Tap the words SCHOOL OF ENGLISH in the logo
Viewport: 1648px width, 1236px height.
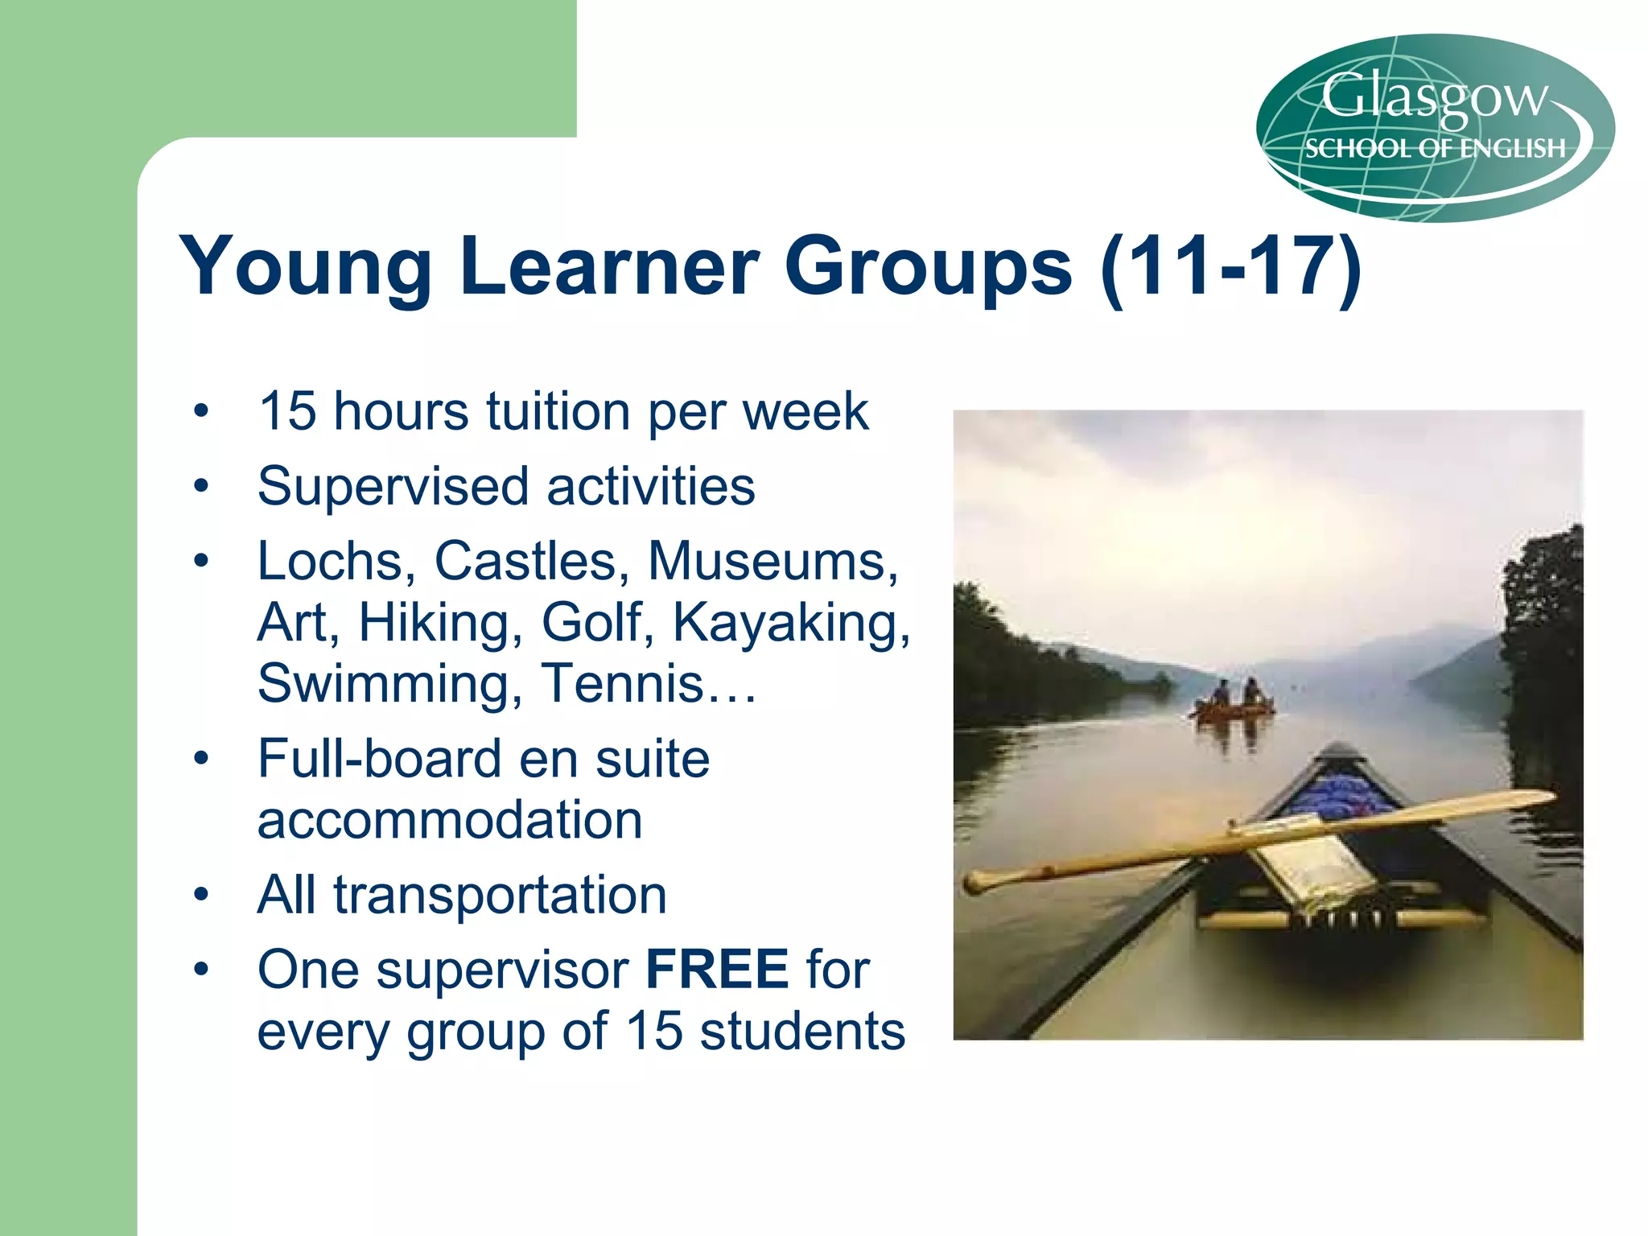[x=1435, y=149]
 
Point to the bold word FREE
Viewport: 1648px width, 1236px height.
[x=717, y=970]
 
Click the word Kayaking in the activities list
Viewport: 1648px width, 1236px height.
[x=791, y=622]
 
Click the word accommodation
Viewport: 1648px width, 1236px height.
[x=450, y=821]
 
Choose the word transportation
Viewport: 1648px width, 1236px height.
[x=501, y=895]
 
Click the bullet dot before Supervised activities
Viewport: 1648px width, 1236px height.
[x=201, y=486]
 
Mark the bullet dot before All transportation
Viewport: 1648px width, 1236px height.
[x=201, y=895]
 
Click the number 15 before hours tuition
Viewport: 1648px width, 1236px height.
[x=287, y=411]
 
